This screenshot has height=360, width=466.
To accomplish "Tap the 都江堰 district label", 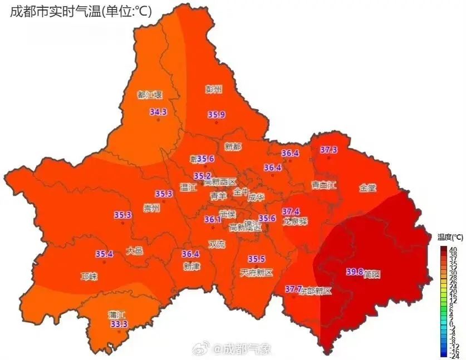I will click(149, 95).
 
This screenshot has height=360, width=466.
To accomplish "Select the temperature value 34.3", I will click(158, 112).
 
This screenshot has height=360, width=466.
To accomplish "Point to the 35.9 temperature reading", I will click(217, 115).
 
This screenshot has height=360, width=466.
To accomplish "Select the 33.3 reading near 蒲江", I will click(119, 324).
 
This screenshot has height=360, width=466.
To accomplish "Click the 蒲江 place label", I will click(117, 314).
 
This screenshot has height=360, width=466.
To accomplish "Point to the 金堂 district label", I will click(368, 188).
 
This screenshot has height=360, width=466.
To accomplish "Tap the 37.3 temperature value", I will click(328, 150).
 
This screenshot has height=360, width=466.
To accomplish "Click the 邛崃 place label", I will click(89, 277).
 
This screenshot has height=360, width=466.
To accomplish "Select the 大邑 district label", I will click(134, 251).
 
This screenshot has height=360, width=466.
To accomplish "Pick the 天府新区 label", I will click(257, 273).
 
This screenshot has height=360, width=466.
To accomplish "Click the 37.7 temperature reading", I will click(293, 289).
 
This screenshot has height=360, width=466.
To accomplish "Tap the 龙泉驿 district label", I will click(295, 221).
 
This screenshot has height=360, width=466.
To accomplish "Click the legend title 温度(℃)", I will click(447, 237).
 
